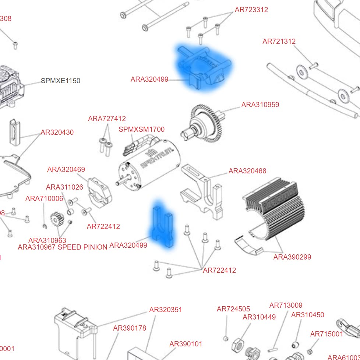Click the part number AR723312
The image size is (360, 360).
pos(251,10)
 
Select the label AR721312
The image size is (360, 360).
pos(279,42)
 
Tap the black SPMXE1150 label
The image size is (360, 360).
pos(60,81)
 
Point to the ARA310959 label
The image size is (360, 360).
pos(260,105)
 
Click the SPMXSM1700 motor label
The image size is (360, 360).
pos(141,130)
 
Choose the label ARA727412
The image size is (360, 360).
pos(107,119)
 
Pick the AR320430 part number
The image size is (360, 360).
pos(57,133)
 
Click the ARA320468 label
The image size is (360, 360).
pos(247,171)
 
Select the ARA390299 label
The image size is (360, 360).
pos(292,257)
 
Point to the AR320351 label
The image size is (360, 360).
pos(166,310)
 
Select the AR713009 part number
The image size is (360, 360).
pos(286,306)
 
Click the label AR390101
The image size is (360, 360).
pos(186,344)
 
